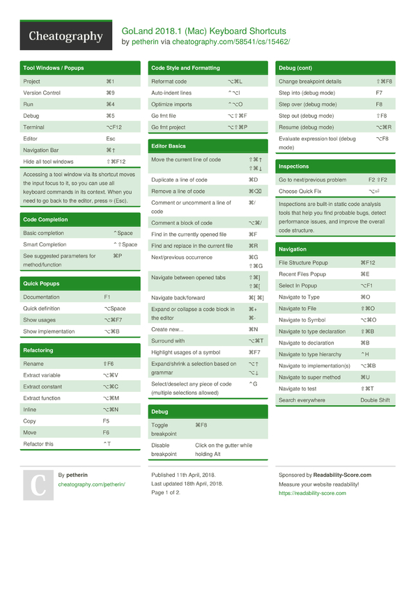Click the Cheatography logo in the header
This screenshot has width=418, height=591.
65,37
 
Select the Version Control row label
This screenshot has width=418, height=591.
42,93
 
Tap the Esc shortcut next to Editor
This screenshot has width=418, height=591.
110,139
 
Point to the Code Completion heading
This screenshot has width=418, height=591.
45,220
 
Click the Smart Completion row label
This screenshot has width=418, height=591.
45,244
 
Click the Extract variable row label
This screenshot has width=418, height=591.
42,375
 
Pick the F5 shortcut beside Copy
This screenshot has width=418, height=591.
106,420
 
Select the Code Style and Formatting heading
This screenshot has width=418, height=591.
185,68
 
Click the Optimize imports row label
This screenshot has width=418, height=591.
171,104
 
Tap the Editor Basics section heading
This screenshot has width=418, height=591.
169,146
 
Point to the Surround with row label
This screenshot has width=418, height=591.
168,340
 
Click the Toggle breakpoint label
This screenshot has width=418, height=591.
160,430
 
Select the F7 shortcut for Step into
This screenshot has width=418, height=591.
379,93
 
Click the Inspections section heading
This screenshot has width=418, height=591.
293,166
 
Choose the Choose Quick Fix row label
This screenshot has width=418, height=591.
300,191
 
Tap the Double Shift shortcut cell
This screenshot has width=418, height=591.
375,400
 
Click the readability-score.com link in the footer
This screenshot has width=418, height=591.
312,493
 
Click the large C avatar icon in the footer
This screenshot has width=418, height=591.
38,484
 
